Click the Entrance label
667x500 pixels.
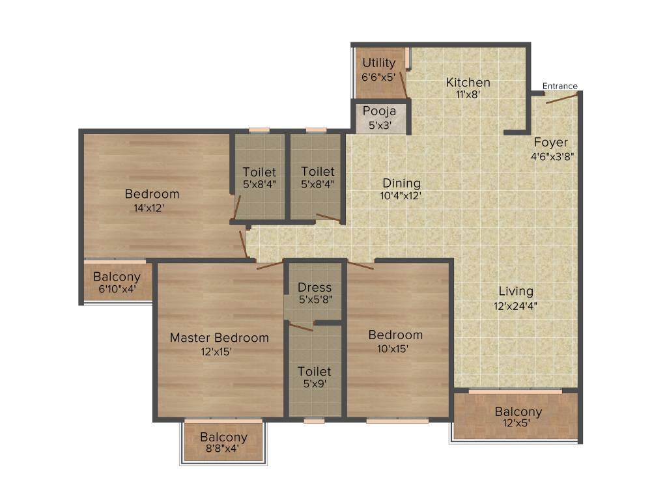[x=560, y=86]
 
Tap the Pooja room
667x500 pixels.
[x=379, y=118]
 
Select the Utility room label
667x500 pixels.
[x=378, y=63]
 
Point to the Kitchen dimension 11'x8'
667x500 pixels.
[x=468, y=94]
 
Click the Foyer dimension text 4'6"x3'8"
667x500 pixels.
[x=551, y=156]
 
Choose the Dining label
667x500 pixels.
[x=401, y=183]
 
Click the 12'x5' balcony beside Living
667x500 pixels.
[x=517, y=417]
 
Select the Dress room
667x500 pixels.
[x=314, y=292]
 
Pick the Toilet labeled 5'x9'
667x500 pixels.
[x=314, y=378]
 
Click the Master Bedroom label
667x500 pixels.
[x=219, y=338]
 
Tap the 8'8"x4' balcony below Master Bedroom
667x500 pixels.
[x=223, y=443]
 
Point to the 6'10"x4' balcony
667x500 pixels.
[x=117, y=283]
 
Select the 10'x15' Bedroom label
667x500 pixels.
[x=395, y=335]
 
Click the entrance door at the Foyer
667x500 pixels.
[x=562, y=98]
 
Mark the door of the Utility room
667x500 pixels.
[x=403, y=85]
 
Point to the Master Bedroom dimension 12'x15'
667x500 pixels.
[x=217, y=352]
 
